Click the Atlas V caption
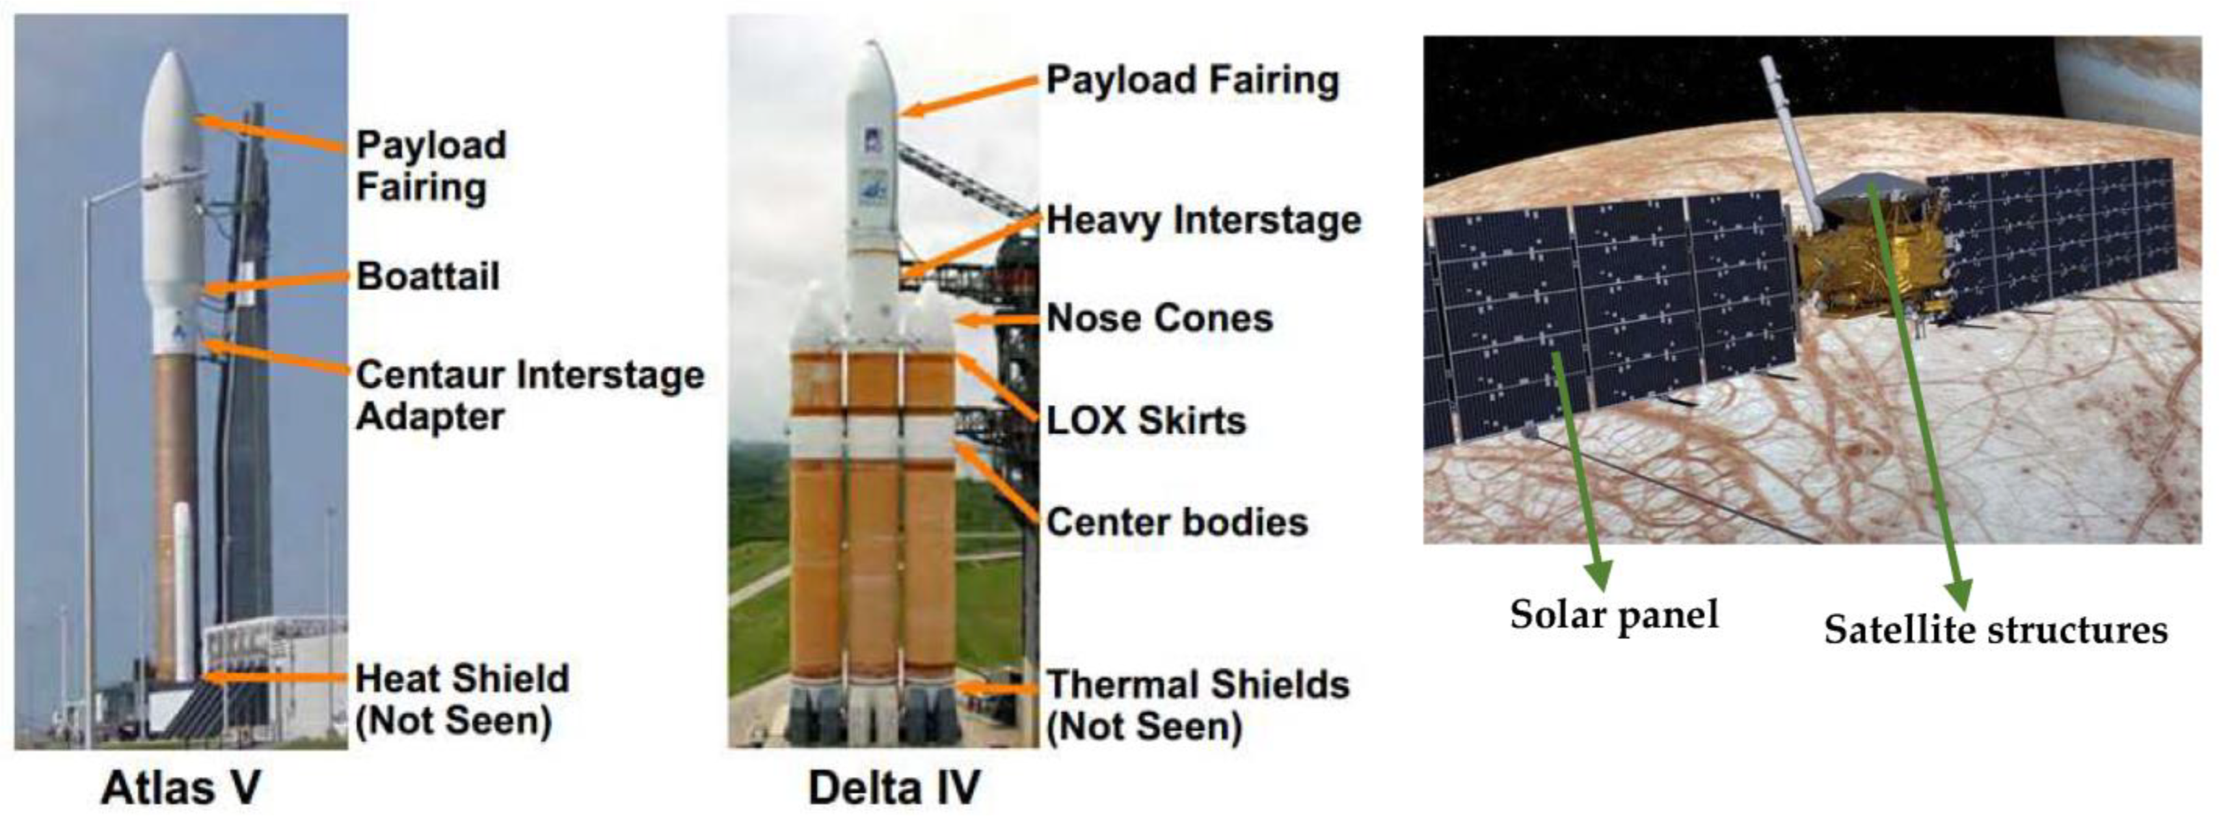[x=181, y=787]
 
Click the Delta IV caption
[x=894, y=787]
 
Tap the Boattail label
[x=428, y=277]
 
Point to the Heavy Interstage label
[x=1204, y=220]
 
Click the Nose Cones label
[x=1159, y=319]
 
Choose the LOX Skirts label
[x=1146, y=420]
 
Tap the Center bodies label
[x=1177, y=523]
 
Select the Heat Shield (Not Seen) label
[x=463, y=699]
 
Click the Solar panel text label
[x=1613, y=614]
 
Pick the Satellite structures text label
[x=1995, y=629]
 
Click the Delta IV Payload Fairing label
[x=1193, y=80]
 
